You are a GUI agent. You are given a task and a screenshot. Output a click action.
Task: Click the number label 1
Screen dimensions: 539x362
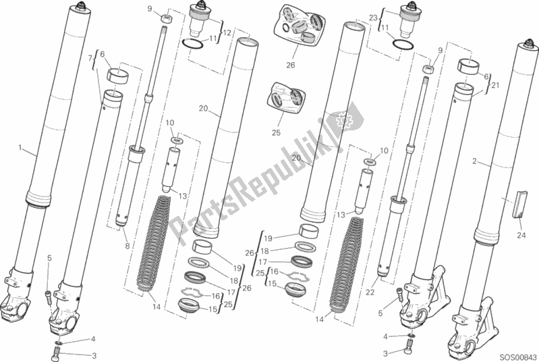pyautogui.click(x=20, y=148)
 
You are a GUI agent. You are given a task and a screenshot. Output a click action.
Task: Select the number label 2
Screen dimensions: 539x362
pyautogui.click(x=474, y=161)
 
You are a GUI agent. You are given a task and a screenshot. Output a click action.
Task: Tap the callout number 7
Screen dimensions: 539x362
pyautogui.click(x=91, y=58)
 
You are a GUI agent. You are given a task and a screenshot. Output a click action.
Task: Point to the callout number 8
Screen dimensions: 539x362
pyautogui.click(x=127, y=246)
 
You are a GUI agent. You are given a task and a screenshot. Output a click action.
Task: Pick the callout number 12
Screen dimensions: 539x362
pyautogui.click(x=227, y=32)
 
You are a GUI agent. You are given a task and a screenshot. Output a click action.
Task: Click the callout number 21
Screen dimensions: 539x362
pyautogui.click(x=495, y=85)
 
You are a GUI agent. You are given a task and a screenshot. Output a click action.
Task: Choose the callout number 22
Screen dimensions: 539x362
pyautogui.click(x=370, y=292)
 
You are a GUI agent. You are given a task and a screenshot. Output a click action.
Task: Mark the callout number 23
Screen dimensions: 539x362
pyautogui.click(x=373, y=18)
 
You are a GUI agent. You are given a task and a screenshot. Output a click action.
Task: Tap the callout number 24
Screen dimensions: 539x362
pyautogui.click(x=521, y=236)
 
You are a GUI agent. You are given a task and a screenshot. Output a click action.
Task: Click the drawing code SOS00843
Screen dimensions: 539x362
pyautogui.click(x=518, y=357)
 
